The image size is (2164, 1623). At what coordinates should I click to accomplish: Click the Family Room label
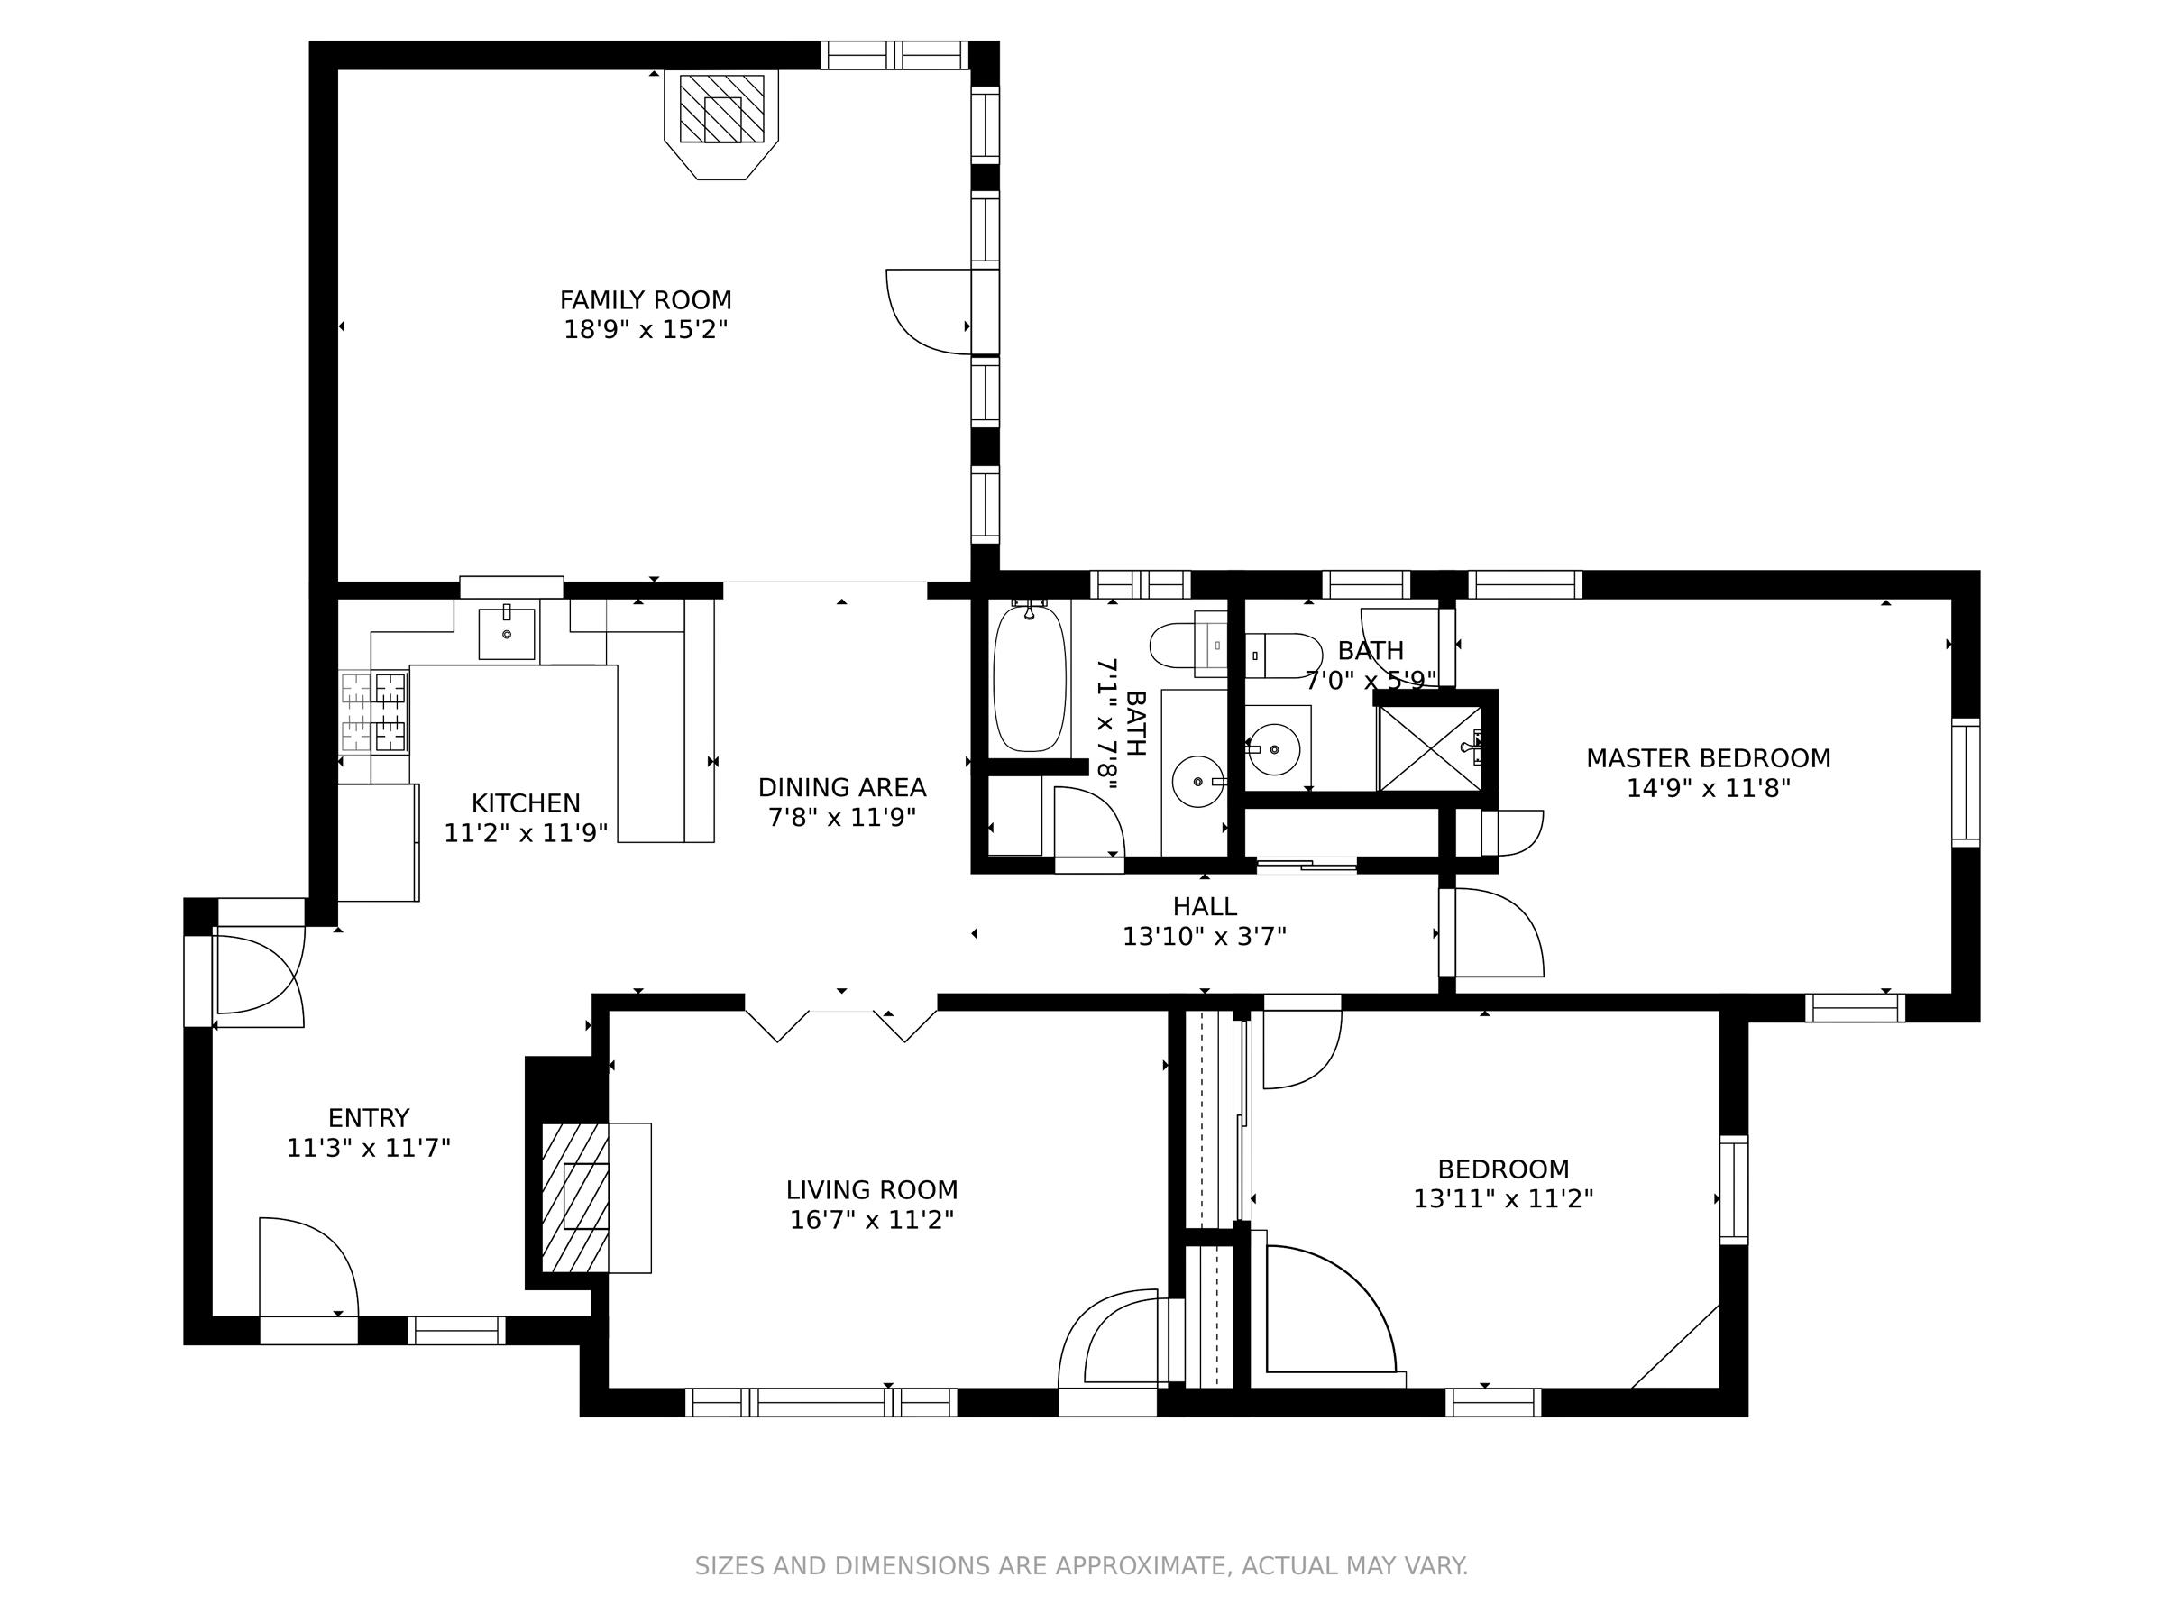point(646,299)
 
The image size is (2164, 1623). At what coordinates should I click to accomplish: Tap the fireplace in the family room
point(722,124)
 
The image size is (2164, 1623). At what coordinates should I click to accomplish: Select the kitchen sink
point(507,634)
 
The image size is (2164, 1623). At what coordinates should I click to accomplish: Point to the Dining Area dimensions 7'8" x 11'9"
point(841,817)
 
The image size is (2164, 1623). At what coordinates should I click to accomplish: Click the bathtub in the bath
point(1029,677)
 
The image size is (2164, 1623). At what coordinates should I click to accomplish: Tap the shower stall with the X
point(1429,747)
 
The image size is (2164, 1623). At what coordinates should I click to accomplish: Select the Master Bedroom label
point(1708,758)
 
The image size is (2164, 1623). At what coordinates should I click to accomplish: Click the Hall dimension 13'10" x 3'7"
point(1205,936)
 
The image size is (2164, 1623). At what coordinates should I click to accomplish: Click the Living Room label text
point(872,1189)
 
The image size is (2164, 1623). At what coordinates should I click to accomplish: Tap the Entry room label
point(369,1117)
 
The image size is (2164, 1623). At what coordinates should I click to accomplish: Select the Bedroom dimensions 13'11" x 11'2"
point(1504,1198)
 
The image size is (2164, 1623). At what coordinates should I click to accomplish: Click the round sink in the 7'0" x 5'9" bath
point(1274,749)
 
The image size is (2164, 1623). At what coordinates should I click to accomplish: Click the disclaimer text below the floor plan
point(1081,1565)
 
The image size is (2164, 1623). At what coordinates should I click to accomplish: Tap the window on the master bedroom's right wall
point(1966,783)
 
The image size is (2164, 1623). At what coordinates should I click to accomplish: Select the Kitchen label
point(526,803)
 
